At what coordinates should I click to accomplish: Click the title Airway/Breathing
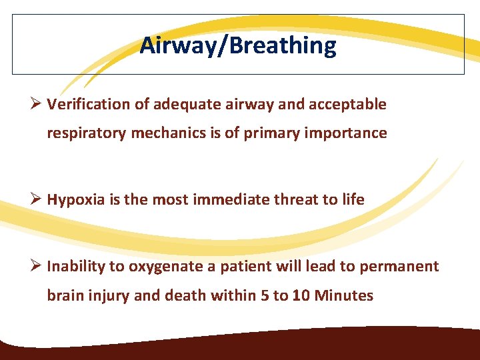click(238, 46)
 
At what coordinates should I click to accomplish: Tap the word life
click(353, 200)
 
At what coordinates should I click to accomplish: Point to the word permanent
click(399, 267)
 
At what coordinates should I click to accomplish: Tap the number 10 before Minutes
click(301, 295)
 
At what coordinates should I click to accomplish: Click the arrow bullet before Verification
click(37, 105)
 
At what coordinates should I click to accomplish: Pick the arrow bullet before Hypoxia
click(37, 200)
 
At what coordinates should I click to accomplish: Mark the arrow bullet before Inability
click(37, 267)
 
